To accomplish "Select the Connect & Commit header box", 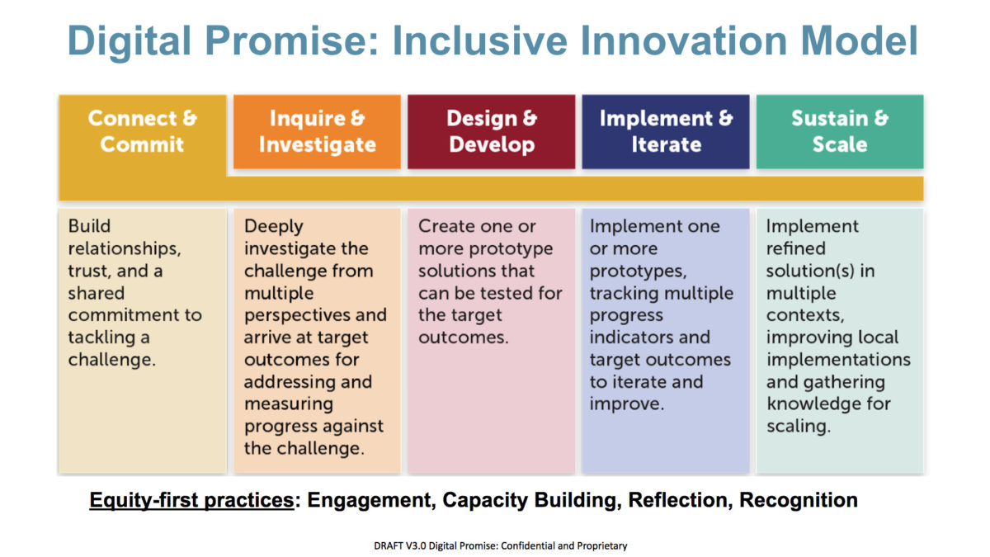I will click(142, 131).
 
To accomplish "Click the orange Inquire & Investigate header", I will click(317, 131).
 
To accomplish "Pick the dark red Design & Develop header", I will click(492, 131).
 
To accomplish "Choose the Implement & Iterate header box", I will click(666, 131).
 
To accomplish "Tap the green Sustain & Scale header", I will click(840, 131).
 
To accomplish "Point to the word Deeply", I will click(274, 226).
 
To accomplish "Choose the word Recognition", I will click(798, 500).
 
